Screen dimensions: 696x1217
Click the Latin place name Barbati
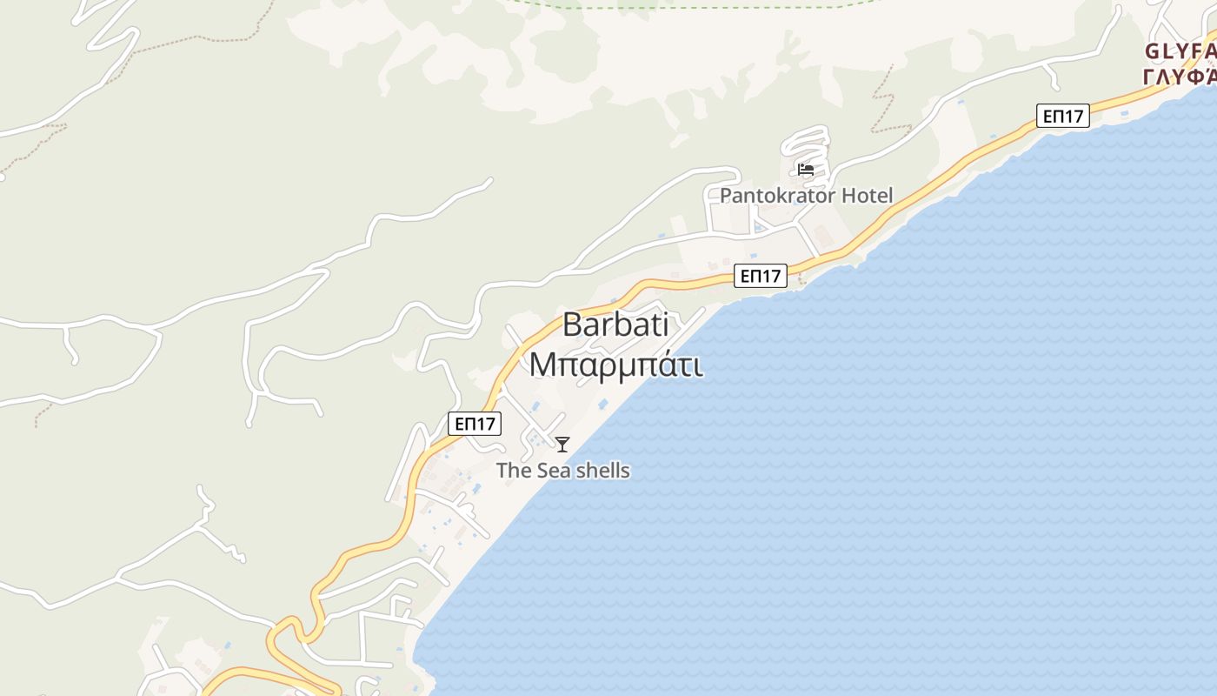[615, 325]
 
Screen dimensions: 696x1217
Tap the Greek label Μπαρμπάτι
[615, 365]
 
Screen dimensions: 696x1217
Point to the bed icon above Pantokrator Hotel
[806, 170]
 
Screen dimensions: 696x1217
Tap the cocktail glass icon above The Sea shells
[562, 445]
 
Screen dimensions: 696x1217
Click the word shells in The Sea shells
[600, 471]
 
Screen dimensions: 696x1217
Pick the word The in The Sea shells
[511, 471]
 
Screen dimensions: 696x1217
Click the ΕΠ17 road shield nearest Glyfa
[1062, 116]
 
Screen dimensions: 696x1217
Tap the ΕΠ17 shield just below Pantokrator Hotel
[760, 277]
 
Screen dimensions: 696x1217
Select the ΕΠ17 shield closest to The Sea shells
[475, 424]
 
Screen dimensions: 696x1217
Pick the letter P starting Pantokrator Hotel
[726, 196]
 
